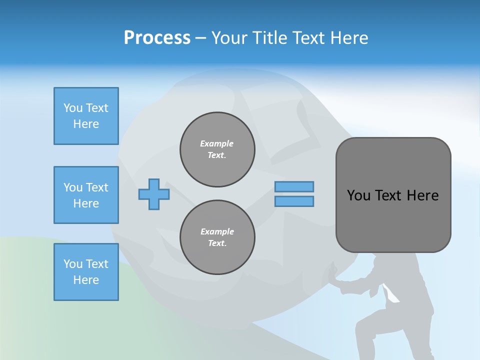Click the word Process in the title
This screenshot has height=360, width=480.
tap(157, 38)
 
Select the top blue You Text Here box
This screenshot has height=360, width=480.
tap(86, 116)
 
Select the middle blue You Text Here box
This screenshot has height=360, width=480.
tap(86, 195)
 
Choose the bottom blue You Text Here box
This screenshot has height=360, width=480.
tap(86, 272)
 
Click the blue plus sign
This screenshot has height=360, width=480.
tap(154, 194)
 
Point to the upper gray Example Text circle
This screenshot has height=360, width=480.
tap(217, 149)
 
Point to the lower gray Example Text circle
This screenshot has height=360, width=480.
tap(217, 237)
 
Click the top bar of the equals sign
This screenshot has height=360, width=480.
tap(294, 186)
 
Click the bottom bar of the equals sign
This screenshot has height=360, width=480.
tap(294, 201)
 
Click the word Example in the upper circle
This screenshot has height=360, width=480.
tap(217, 143)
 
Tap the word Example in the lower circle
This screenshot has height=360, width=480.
tap(217, 231)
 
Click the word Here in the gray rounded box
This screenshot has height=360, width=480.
tap(422, 195)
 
